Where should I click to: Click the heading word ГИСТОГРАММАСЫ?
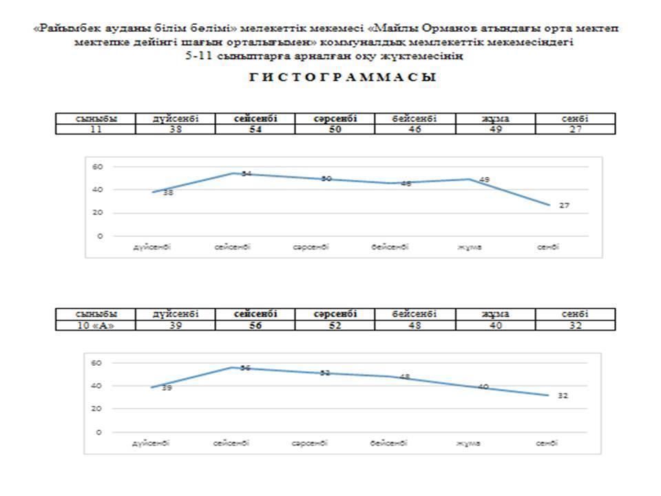click(342, 78)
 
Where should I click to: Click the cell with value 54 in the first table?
click(255, 129)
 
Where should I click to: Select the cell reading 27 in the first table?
click(575, 129)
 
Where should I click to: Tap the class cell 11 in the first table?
click(96, 129)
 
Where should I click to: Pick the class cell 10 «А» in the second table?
click(96, 325)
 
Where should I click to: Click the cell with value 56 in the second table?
click(255, 325)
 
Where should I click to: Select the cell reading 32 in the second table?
click(575, 325)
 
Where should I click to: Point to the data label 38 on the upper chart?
click(168, 193)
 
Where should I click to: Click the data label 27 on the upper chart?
click(564, 205)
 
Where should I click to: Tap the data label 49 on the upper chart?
click(484, 180)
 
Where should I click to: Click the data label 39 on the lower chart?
click(167, 389)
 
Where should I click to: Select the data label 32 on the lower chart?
click(563, 396)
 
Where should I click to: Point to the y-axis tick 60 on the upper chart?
click(98, 166)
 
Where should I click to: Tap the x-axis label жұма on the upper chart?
click(470, 247)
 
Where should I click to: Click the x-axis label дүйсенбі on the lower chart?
click(151, 443)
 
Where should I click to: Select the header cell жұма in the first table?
click(495, 118)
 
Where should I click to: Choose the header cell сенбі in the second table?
click(575, 314)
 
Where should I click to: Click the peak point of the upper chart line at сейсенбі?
click(233, 173)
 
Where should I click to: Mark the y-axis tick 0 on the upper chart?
click(100, 236)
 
